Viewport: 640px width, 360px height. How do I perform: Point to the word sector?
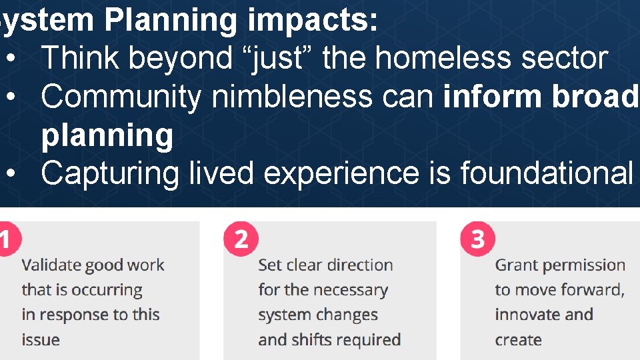click(565, 58)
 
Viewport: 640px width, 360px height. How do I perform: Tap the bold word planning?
click(107, 136)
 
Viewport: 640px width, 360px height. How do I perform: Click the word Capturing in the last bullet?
click(110, 173)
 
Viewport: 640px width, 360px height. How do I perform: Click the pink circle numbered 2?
click(241, 239)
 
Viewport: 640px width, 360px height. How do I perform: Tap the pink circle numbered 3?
click(477, 239)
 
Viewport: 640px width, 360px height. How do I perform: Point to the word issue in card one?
click(40, 340)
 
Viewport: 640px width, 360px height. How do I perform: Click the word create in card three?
click(518, 340)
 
